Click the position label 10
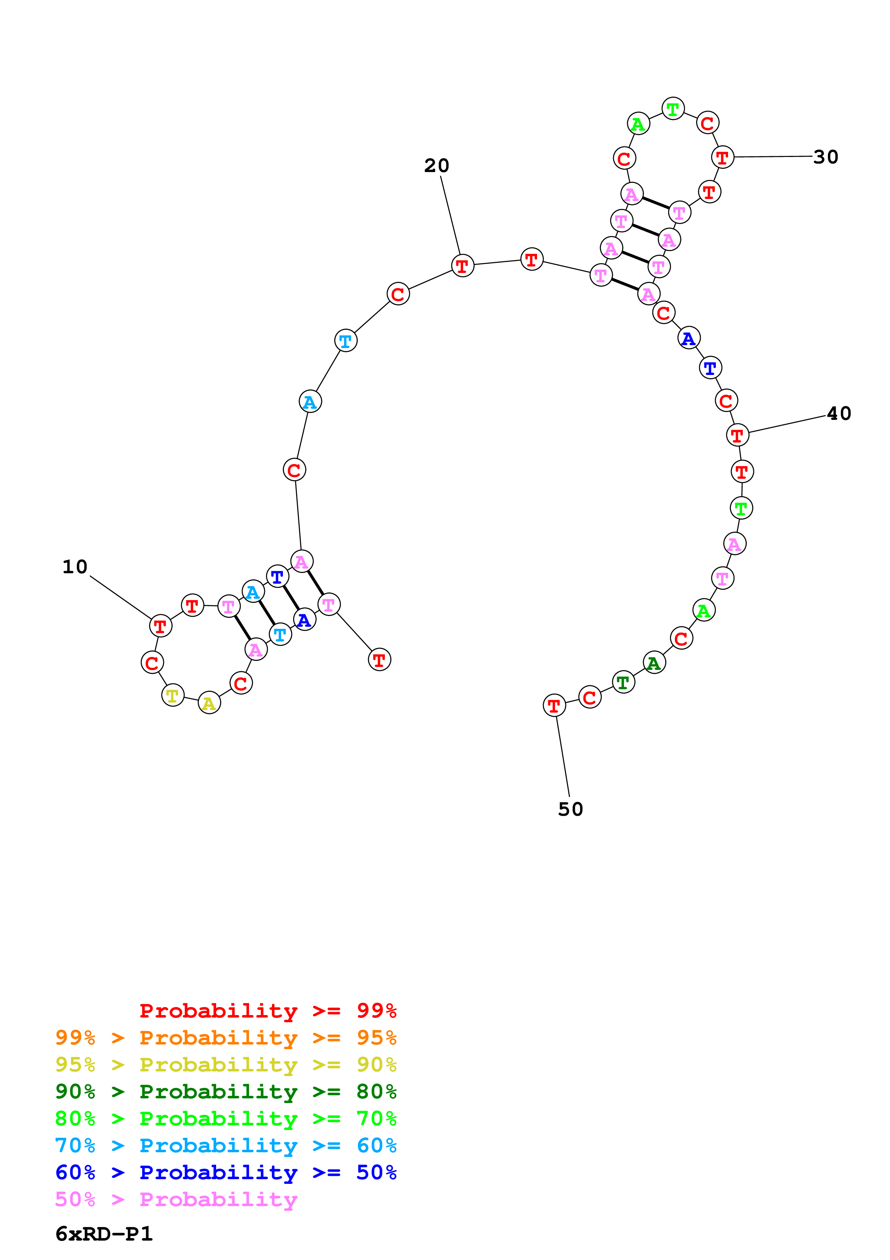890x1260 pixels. pos(75,566)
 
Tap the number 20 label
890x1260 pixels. pos(437,165)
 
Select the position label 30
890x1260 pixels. pos(825,157)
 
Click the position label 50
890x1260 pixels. pos(570,809)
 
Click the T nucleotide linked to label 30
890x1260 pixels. pos(722,157)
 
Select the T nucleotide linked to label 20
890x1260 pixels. pos(462,265)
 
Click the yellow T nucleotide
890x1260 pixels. pos(173,695)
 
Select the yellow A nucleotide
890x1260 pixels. pos(209,703)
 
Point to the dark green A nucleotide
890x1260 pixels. pos(654,663)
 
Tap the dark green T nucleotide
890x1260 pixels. pos(623,682)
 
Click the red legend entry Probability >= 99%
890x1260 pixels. pos(267,1010)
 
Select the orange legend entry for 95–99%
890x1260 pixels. pos(225,1037)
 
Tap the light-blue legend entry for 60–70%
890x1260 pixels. pos(225,1145)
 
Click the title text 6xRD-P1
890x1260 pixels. pos(104,1234)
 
